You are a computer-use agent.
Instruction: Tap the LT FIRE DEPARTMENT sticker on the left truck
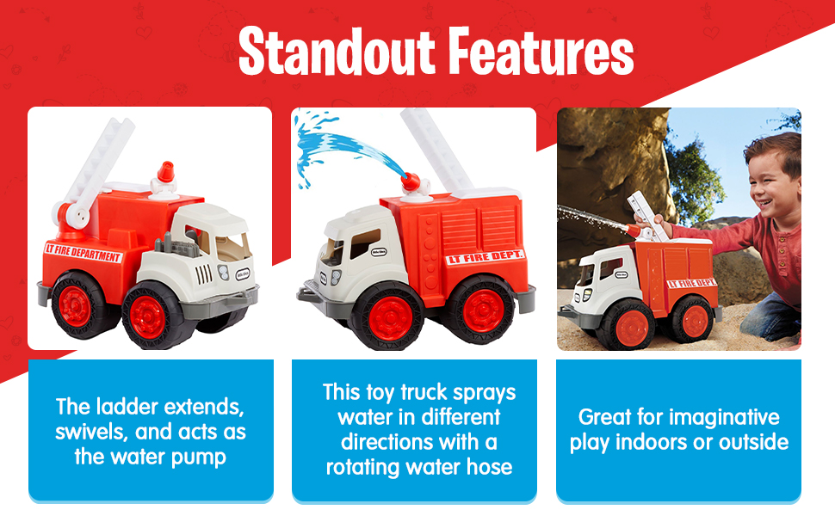coord(83,253)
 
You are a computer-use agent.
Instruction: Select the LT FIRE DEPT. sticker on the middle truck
coord(485,257)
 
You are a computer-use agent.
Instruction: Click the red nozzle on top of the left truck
coord(165,172)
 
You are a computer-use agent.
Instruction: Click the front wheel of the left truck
coord(151,316)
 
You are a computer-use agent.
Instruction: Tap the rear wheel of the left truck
coord(76,305)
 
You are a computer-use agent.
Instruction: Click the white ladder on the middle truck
coord(436,149)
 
